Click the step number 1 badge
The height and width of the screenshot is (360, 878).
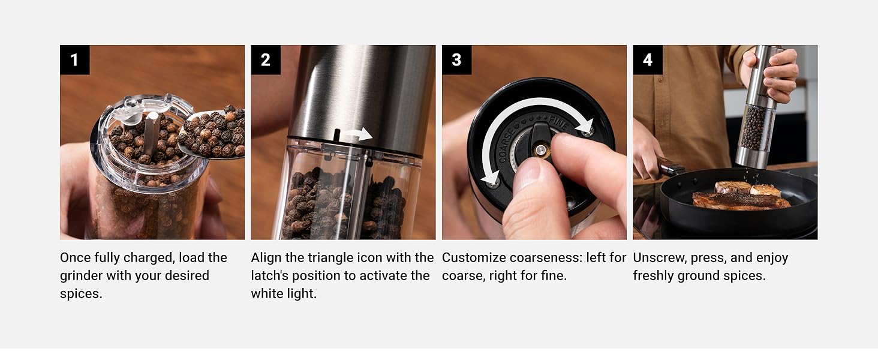click(75, 59)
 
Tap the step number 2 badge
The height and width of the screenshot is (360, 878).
click(266, 59)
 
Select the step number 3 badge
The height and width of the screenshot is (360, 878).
click(456, 59)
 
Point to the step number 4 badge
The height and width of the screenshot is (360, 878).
click(648, 59)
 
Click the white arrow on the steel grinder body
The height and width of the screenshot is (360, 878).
click(360, 134)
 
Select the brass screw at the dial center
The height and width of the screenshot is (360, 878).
click(540, 150)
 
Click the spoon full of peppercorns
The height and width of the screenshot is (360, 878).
click(211, 133)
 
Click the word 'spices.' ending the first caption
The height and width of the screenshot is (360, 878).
click(81, 294)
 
